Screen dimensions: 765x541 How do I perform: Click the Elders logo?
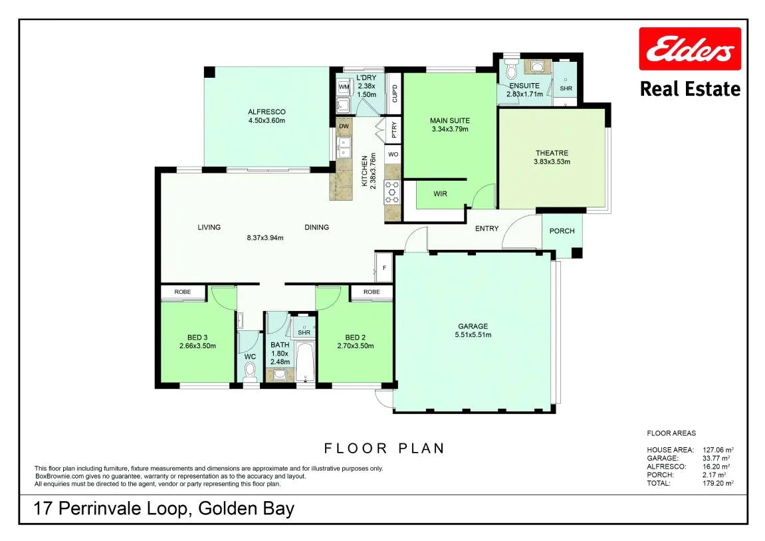point(690,49)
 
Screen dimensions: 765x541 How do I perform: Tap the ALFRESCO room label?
point(267,112)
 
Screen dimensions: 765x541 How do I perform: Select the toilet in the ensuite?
point(511,70)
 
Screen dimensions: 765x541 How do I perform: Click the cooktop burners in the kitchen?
point(392,191)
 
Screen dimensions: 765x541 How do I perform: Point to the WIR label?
point(440,193)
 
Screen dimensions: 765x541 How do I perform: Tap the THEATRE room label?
point(552,153)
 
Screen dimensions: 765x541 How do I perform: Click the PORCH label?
point(562,231)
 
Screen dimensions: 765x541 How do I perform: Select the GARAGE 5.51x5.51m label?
point(473,330)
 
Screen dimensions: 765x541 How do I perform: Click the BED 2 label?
point(355,337)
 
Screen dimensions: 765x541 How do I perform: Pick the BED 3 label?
point(197,337)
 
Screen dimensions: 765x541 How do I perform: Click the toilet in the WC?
point(251,374)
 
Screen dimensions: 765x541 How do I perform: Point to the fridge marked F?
point(384,267)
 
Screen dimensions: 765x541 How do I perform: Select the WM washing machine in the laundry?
point(344,87)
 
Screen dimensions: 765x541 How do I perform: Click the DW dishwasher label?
point(344,126)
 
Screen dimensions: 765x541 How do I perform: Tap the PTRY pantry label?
point(393,130)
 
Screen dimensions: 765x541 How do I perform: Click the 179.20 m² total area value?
point(718,483)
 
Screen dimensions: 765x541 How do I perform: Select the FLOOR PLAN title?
point(384,448)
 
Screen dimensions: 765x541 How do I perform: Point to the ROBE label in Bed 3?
point(183,292)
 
